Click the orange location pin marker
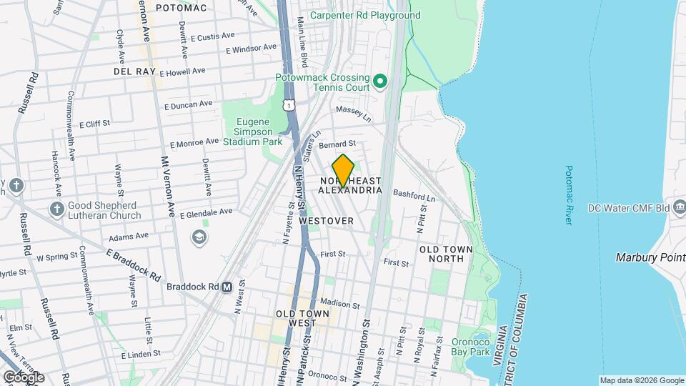click(x=344, y=170)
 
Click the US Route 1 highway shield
click(x=288, y=105)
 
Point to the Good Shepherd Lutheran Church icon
click(x=57, y=209)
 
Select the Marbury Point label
click(x=650, y=257)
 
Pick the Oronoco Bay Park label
click(x=469, y=346)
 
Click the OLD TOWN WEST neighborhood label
click(x=303, y=318)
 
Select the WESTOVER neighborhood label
click(x=326, y=221)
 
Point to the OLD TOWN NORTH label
click(x=446, y=253)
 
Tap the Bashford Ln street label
click(x=414, y=195)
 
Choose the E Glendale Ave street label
click(x=207, y=212)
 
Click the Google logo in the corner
click(x=23, y=377)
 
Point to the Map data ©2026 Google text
click(x=641, y=380)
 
